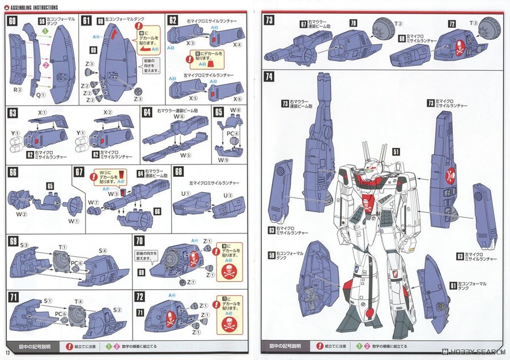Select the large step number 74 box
(269, 77)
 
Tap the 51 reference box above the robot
(396, 151)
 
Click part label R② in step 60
(18, 88)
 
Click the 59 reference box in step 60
(41, 22)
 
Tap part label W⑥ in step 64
(179, 117)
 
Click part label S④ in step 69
(104, 251)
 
